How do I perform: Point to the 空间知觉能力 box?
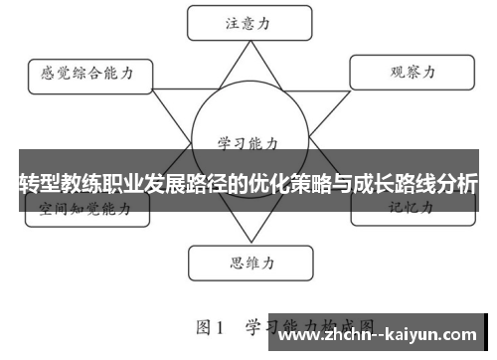tap(86, 210)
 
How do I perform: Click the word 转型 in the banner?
tap(40, 183)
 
